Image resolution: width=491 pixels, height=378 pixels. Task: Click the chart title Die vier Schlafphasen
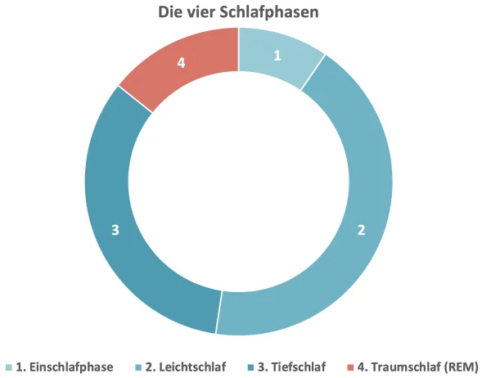click(x=238, y=12)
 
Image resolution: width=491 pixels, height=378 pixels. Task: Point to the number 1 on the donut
click(x=277, y=56)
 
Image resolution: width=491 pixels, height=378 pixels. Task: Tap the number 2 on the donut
click(x=361, y=230)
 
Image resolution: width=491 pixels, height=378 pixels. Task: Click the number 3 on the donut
click(x=115, y=230)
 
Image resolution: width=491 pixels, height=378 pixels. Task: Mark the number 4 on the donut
click(x=182, y=61)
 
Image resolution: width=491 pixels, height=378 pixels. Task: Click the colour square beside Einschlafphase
click(x=9, y=367)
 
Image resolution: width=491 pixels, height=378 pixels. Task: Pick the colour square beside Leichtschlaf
click(x=138, y=367)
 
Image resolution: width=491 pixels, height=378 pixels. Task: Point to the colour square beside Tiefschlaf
click(x=252, y=367)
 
